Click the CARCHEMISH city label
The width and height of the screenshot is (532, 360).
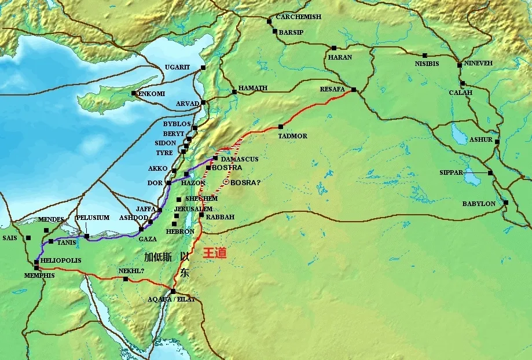point(298,17)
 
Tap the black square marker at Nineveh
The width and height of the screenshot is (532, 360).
point(460,64)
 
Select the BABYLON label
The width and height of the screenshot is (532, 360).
point(478,204)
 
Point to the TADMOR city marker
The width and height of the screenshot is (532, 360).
point(280,126)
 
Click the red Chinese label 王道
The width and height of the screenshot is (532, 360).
point(214,254)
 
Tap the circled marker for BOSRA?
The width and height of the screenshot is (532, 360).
point(225,182)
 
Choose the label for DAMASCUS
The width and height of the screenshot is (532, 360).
point(239,159)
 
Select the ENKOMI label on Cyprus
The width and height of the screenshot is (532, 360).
point(151,93)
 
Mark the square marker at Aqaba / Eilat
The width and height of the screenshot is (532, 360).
point(173,291)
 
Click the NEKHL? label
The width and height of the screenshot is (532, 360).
point(131,270)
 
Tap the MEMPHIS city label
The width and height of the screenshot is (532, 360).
point(39,275)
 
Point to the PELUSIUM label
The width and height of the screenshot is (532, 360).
point(93,218)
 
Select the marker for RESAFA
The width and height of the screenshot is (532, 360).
point(353,89)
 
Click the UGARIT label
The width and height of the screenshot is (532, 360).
point(177,67)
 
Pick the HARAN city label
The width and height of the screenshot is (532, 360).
point(340,57)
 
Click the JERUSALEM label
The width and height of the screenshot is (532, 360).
point(193,208)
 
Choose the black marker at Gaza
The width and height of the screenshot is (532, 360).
point(141,229)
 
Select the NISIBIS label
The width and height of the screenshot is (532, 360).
point(427,63)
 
